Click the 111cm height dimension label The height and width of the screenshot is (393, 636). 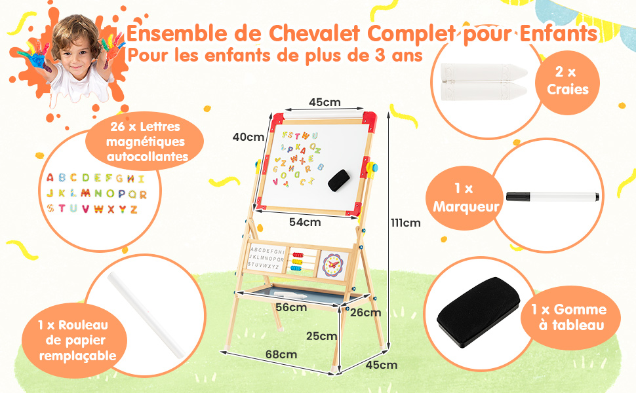click(406, 223)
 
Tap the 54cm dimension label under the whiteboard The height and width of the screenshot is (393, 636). click(305, 222)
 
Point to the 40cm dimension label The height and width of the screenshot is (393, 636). click(248, 137)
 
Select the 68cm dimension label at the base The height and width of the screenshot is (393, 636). click(281, 354)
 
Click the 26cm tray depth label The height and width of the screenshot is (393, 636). click(365, 312)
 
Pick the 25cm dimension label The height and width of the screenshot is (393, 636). click(322, 336)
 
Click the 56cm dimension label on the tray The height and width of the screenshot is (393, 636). click(291, 307)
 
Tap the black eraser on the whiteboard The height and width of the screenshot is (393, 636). click(339, 180)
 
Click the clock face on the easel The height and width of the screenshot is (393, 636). click(332, 265)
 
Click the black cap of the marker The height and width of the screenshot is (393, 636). click(517, 196)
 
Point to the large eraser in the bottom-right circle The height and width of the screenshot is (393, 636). click(478, 312)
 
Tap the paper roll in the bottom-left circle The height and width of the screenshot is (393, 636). click(145, 315)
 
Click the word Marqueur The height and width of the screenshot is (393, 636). click(466, 206)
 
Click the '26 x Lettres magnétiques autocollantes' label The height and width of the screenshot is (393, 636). click(144, 141)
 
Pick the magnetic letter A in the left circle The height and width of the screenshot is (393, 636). click(50, 178)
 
